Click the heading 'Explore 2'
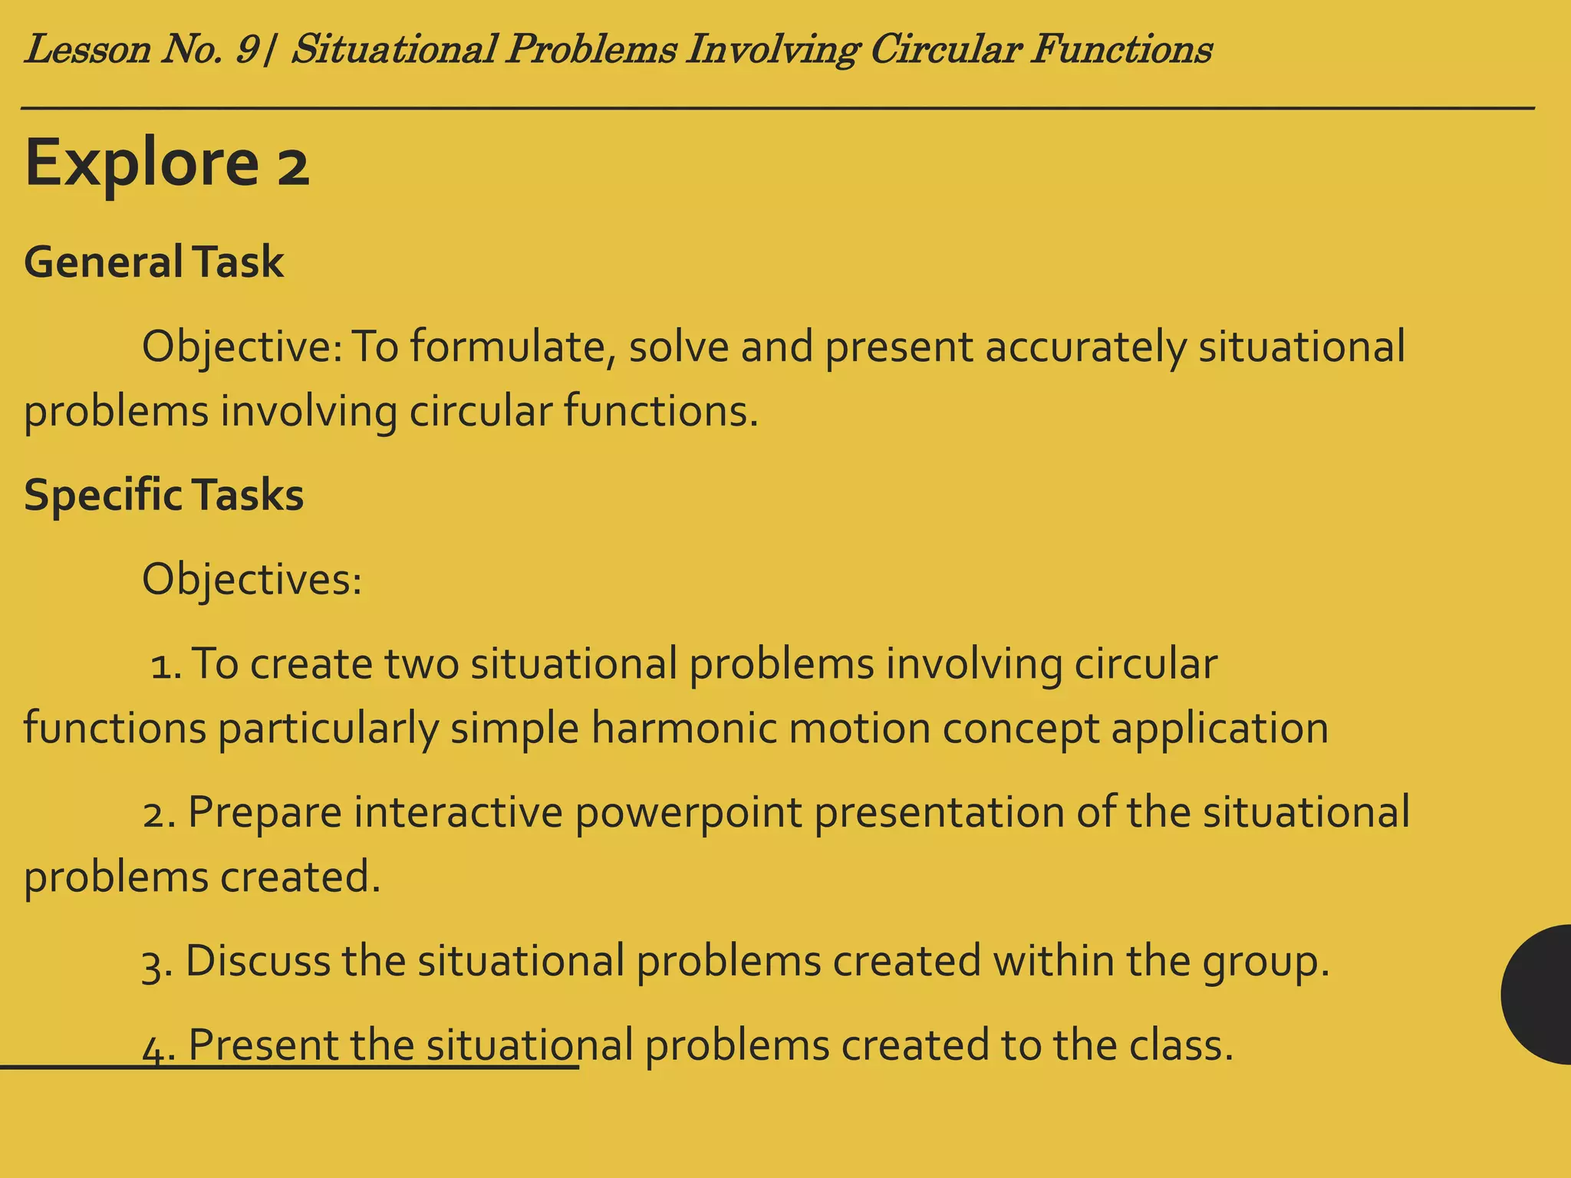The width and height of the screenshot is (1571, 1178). (167, 163)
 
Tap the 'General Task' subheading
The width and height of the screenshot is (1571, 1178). (153, 262)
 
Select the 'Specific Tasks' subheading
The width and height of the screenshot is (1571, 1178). (163, 495)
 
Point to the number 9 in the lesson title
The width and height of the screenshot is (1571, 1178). (247, 51)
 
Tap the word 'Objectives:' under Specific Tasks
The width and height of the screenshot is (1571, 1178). (252, 580)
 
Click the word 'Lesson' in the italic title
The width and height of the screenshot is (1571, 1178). (87, 51)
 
